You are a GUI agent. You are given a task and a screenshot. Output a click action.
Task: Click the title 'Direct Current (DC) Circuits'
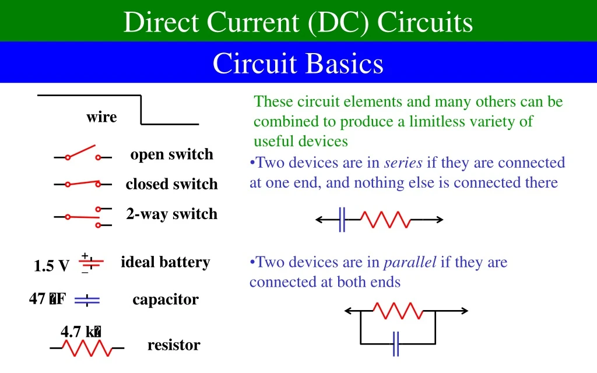298,22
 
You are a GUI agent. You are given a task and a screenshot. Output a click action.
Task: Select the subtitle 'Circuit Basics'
298,63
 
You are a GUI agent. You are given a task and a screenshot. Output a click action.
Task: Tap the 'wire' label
101,117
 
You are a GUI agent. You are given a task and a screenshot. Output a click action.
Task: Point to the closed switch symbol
83,184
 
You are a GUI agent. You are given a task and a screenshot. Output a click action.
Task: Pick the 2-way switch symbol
83,216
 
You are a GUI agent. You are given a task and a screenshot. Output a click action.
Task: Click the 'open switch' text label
171,154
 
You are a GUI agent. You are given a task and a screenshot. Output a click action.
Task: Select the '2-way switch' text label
171,214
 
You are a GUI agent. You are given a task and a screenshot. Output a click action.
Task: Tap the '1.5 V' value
51,266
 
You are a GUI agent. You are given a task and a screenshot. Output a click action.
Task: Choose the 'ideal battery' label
165,262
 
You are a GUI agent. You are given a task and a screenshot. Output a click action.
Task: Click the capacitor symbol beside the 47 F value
87,300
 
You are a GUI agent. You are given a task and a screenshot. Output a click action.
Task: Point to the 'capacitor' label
165,300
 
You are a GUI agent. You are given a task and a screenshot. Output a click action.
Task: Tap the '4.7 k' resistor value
81,332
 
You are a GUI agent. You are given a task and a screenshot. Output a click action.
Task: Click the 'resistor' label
174,345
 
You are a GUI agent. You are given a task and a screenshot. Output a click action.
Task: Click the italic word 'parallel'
410,262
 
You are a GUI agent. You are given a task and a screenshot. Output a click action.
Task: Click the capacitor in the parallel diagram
396,343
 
